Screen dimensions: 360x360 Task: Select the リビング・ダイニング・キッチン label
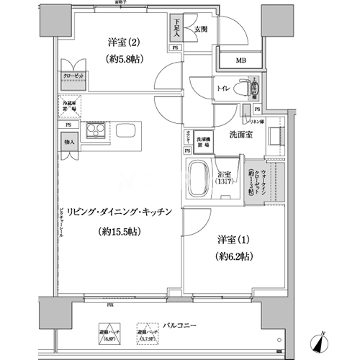pos(116,212)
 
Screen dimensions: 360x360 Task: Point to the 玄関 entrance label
pos(200,30)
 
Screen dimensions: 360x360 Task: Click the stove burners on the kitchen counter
pos(94,132)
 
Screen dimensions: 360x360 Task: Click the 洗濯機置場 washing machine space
pos(204,142)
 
